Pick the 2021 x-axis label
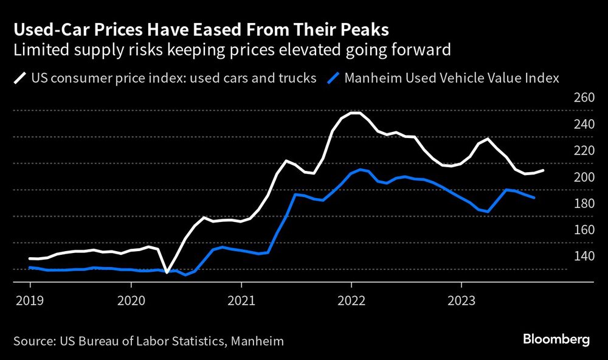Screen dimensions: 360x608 (x=241, y=300)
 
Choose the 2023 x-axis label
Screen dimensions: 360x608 (x=461, y=300)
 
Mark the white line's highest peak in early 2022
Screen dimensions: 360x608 (x=356, y=113)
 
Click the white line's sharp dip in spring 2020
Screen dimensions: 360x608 (x=167, y=272)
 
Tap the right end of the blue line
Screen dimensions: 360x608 (x=534, y=198)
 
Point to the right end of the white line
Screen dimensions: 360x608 (x=543, y=170)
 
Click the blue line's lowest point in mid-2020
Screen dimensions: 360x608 (x=186, y=275)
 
